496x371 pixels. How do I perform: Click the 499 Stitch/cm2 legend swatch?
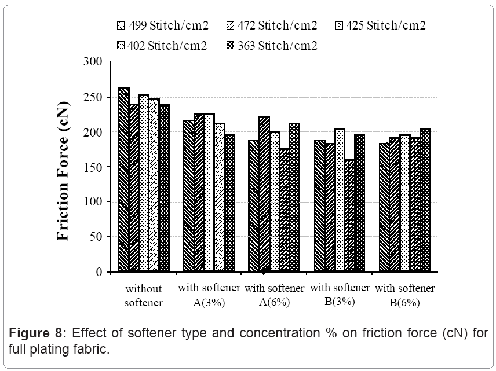pos(121,25)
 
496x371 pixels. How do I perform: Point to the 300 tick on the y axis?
pos(93,61)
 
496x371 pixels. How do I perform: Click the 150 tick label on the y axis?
pos(93,167)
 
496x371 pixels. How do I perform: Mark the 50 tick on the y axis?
pos(96,237)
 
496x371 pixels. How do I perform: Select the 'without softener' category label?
pos(144,295)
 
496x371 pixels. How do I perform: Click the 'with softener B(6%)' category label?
pos(405,295)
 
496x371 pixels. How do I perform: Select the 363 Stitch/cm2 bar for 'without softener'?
pos(164,188)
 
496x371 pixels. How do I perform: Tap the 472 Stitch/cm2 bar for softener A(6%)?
pos(264,194)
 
